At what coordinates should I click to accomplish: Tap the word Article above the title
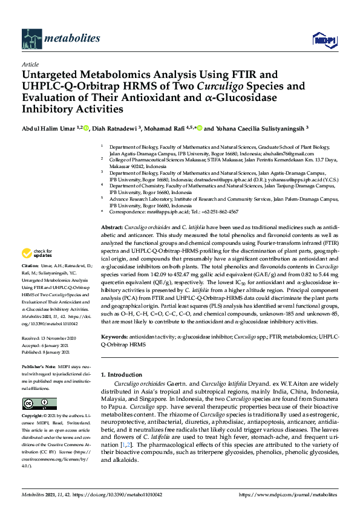tap(30, 63)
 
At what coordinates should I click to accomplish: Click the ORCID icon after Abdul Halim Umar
tap(87, 128)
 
